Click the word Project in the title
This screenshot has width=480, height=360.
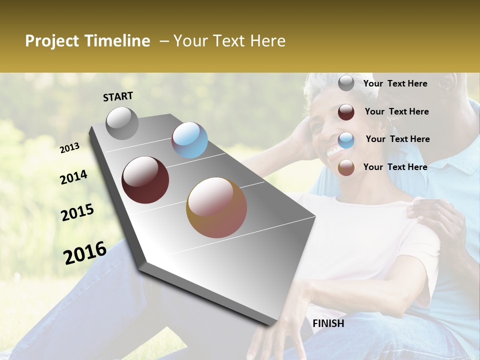[52, 41]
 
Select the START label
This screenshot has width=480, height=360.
[118, 96]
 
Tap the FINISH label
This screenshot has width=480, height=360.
[328, 323]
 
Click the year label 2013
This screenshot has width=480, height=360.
[69, 147]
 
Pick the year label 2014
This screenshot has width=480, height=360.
[73, 177]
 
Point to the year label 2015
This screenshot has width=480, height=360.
[77, 212]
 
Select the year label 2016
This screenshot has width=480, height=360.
[84, 253]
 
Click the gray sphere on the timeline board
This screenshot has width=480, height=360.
[122, 123]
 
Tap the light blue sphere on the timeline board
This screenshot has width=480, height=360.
[189, 140]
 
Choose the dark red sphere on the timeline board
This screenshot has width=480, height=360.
[145, 180]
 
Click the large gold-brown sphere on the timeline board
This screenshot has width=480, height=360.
[216, 207]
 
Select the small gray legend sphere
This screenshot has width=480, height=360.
[346, 83]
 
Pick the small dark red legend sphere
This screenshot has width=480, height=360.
[346, 112]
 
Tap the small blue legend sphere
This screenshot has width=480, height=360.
[346, 140]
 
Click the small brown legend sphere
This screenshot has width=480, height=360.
[346, 168]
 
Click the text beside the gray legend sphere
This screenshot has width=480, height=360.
[395, 83]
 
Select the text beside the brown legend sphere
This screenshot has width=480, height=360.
[395, 167]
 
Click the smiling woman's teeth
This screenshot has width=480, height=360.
[333, 149]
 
